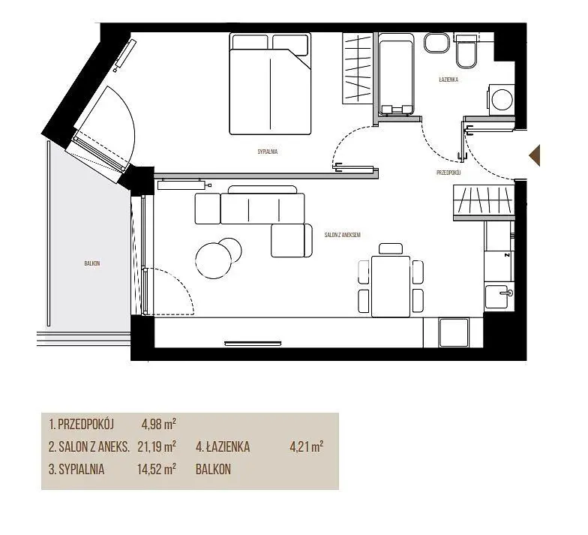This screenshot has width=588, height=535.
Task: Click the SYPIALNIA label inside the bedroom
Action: [x=267, y=152]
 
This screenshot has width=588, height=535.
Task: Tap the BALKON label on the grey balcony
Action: [x=91, y=264]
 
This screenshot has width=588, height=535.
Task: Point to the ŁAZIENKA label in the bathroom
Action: [x=448, y=80]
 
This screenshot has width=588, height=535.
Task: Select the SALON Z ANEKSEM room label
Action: [x=342, y=236]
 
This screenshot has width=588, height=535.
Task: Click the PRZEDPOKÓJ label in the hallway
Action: [x=448, y=173]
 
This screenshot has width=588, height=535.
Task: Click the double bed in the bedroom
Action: [x=270, y=84]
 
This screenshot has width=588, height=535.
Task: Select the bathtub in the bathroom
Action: [x=396, y=74]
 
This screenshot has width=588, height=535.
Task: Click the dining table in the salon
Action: [x=390, y=287]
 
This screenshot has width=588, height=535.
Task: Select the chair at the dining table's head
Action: [x=390, y=248]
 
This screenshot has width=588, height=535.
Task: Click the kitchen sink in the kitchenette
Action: [x=499, y=296]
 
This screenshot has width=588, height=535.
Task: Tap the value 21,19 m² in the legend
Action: [x=157, y=447]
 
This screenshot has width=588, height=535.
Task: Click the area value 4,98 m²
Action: [x=159, y=425]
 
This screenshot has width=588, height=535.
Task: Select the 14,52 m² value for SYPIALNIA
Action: [x=157, y=470]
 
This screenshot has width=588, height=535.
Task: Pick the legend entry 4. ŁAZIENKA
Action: [x=223, y=447]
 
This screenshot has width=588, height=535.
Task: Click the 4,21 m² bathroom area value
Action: [x=307, y=447]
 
